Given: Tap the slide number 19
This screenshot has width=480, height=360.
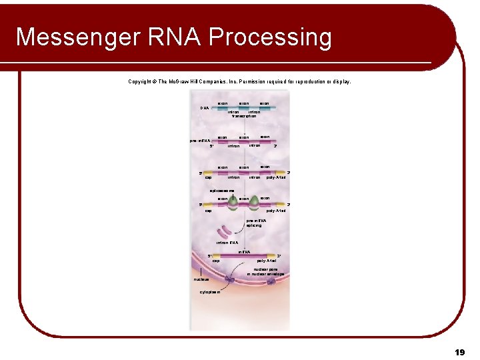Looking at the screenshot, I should tap(459, 351).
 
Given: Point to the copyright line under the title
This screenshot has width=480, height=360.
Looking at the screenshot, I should tap(239, 82).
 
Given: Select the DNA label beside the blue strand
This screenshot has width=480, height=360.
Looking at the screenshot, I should tap(205, 108).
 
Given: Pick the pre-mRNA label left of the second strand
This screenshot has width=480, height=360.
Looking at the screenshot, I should tap(200, 141).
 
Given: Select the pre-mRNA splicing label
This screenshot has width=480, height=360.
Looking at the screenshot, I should tap(256, 223).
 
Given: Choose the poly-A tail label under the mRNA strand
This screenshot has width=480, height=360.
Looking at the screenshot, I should tap(276, 261).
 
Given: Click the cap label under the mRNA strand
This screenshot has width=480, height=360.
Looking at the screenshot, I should tap(216, 261).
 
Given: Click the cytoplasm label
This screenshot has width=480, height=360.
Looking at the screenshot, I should tap(211, 292).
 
